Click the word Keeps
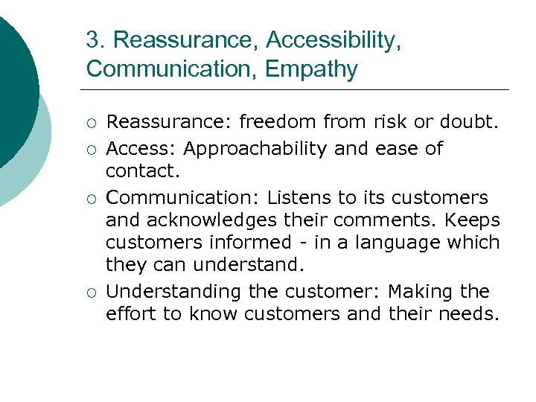coord(473,221)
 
